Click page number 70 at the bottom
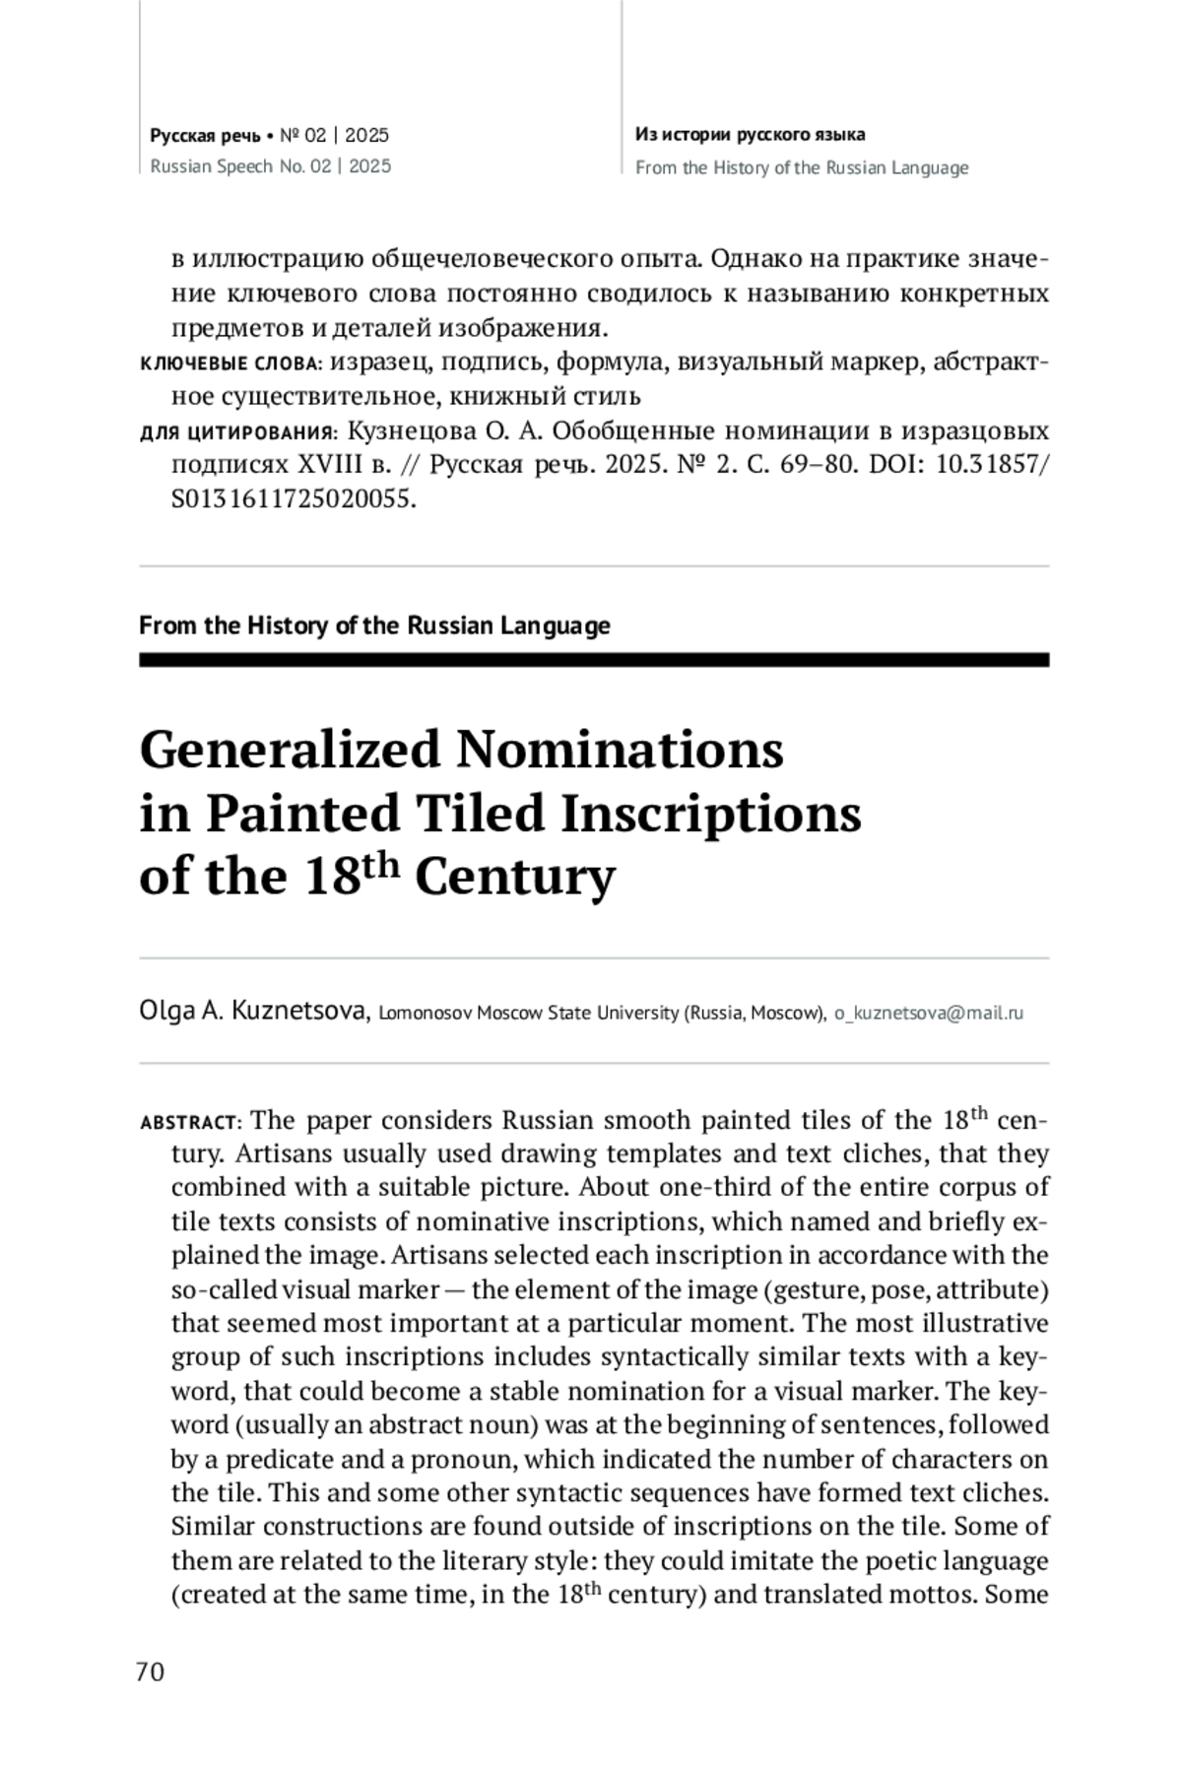pyautogui.click(x=151, y=1672)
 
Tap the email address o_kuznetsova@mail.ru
pyautogui.click(x=928, y=1013)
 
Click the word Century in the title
pyautogui.click(x=514, y=877)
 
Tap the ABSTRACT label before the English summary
pyautogui.click(x=190, y=1123)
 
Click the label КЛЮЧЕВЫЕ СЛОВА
pyautogui.click(x=230, y=364)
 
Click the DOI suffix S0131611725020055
pyautogui.click(x=293, y=499)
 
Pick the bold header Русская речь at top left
pyautogui.click(x=205, y=135)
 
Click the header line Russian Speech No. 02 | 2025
pyautogui.click(x=270, y=166)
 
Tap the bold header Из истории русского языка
pyautogui.click(x=750, y=135)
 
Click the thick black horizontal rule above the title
pyautogui.click(x=593, y=660)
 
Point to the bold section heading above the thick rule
pyautogui.click(x=374, y=625)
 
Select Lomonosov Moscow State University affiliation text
pyautogui.click(x=601, y=1013)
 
